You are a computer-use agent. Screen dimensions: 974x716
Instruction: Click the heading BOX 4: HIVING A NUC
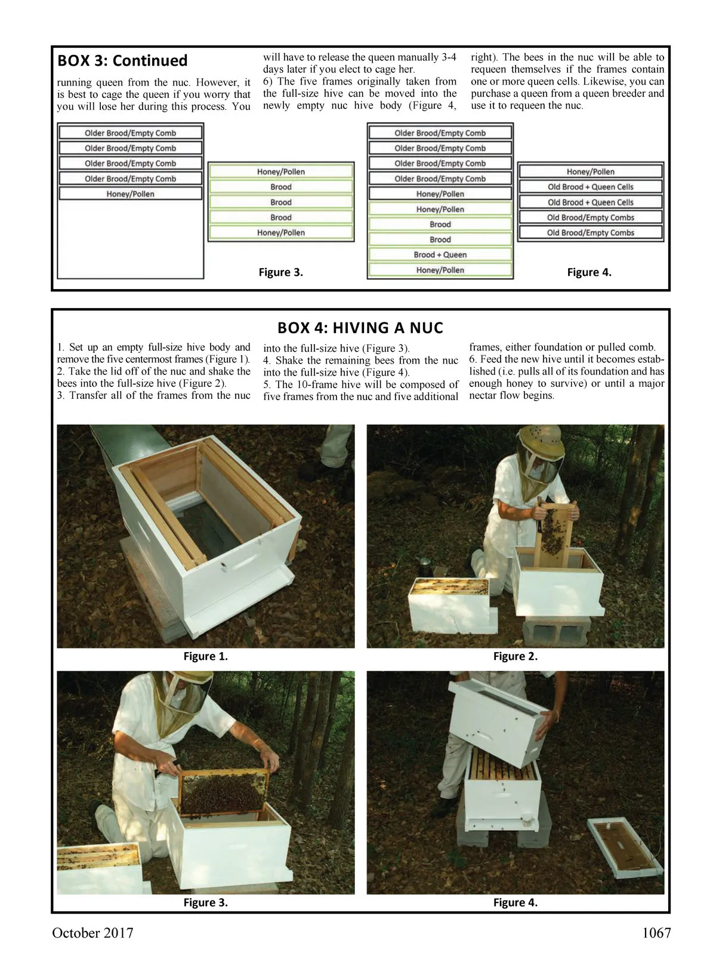pos(360,328)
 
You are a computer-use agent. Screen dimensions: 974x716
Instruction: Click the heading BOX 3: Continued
pos(122,61)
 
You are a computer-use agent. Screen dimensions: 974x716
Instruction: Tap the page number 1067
pos(656,933)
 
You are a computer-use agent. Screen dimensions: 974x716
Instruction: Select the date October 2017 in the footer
pos(92,933)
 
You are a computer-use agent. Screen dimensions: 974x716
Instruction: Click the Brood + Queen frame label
pos(440,255)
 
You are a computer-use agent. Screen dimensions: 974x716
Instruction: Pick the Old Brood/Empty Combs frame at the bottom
pos(590,233)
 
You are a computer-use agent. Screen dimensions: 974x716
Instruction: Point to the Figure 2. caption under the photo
pos(515,656)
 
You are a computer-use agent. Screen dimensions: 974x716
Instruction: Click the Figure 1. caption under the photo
pos(205,656)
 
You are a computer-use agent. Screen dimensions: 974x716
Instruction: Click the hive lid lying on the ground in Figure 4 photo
pos(625,848)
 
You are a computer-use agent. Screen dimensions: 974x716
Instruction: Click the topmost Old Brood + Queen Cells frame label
pos(590,187)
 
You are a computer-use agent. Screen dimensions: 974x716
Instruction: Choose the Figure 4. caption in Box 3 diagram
pos(589,272)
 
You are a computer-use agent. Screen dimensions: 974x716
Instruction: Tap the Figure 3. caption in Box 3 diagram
pos(280,272)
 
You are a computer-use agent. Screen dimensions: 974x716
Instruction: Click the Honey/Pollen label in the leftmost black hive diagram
pos(130,194)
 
